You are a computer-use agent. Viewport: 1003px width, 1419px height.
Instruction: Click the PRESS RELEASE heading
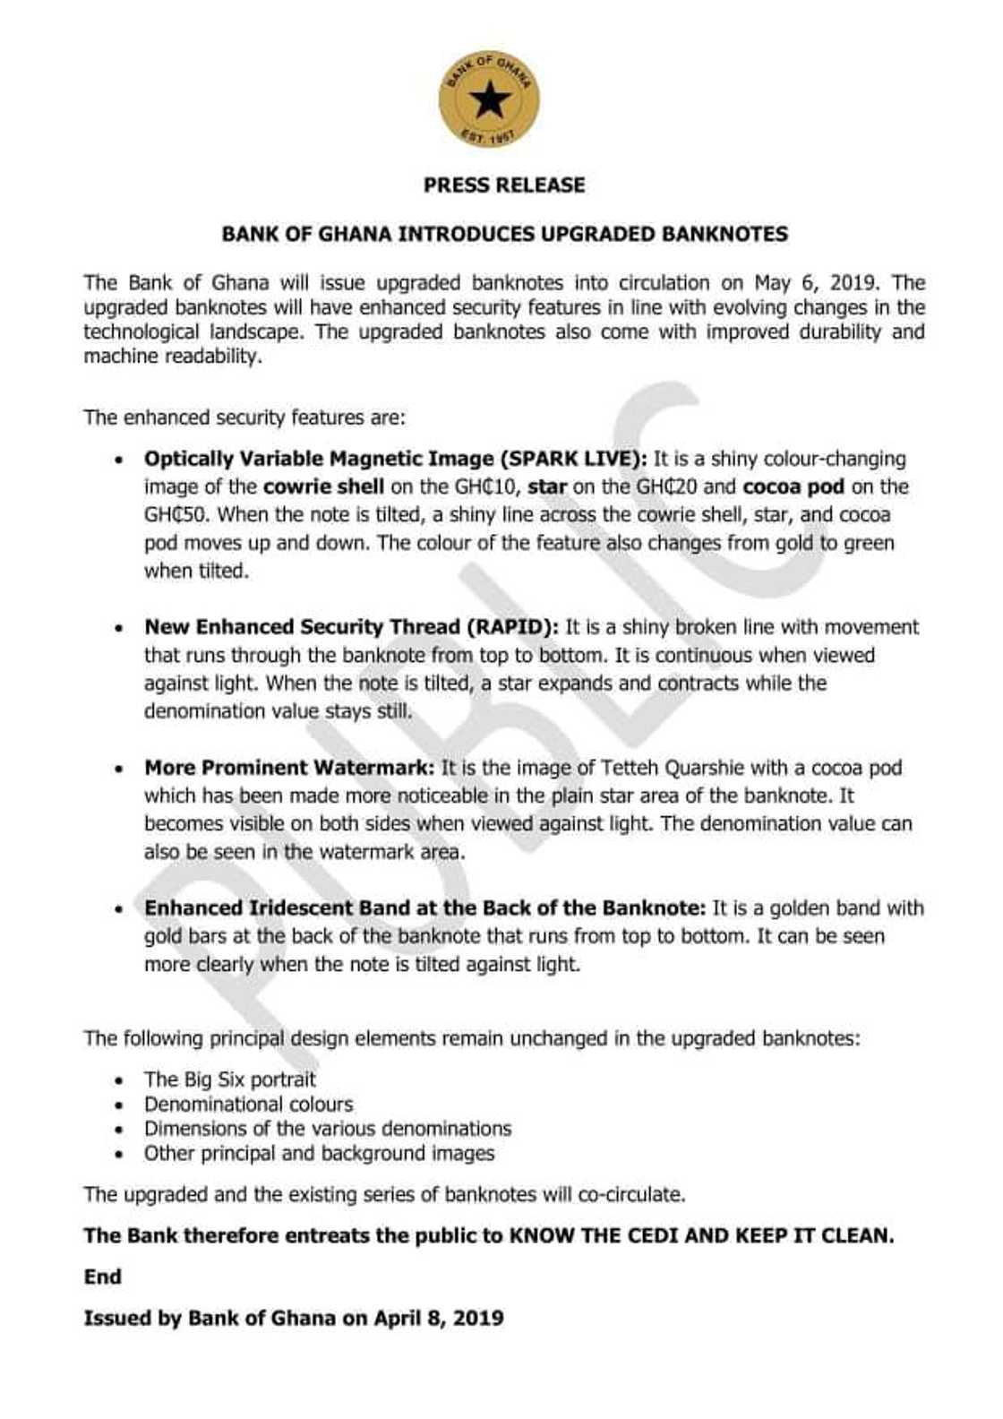pyautogui.click(x=504, y=185)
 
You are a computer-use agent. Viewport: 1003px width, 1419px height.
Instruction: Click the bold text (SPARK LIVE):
pyautogui.click(x=573, y=460)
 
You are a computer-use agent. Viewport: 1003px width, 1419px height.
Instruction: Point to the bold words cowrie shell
pyautogui.click(x=323, y=487)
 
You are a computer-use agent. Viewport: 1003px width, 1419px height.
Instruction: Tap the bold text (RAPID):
pyautogui.click(x=512, y=627)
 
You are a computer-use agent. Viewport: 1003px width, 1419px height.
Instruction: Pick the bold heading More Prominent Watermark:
pyautogui.click(x=289, y=768)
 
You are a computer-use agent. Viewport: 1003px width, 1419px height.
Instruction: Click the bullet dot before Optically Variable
pyautogui.click(x=118, y=460)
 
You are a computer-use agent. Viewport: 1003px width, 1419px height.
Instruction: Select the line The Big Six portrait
pyautogui.click(x=230, y=1079)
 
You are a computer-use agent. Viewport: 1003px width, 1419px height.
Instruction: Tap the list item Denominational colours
pyautogui.click(x=248, y=1105)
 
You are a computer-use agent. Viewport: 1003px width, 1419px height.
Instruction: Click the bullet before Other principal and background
pyautogui.click(x=118, y=1155)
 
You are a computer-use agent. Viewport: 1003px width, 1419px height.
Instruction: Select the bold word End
pyautogui.click(x=102, y=1277)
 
